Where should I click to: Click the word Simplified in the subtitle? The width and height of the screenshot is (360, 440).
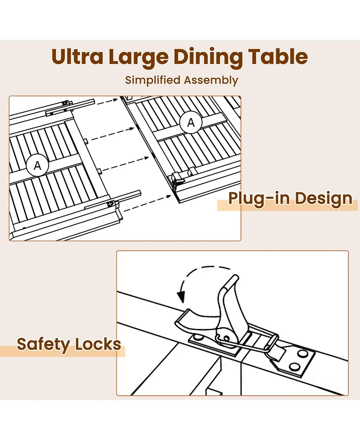pos(153,80)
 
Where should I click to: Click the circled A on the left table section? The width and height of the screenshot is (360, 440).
pos(37,166)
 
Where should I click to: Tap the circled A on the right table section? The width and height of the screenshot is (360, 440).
pos(191,122)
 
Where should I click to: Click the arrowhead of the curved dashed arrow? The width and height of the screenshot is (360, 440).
pos(181,297)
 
